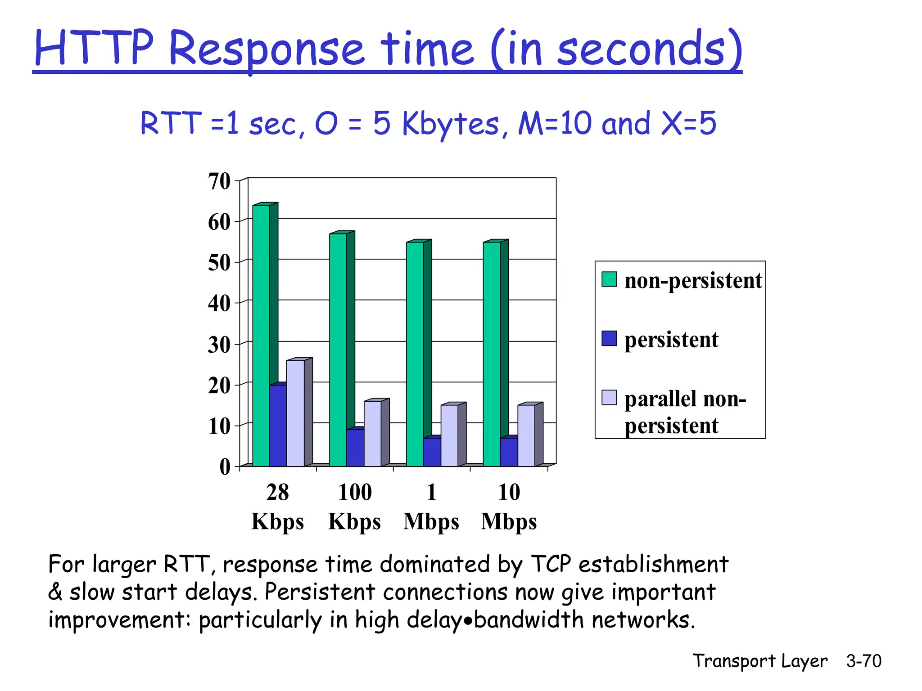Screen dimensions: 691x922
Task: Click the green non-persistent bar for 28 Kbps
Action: (261, 335)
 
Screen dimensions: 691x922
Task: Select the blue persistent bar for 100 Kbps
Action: (355, 448)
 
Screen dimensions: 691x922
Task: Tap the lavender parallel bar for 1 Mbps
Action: (449, 435)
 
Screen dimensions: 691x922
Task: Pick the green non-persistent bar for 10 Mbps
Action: (492, 354)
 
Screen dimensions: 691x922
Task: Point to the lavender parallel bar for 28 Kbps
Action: (295, 413)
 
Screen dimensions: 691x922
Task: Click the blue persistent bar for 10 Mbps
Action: (509, 452)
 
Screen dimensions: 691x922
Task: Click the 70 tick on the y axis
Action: (219, 182)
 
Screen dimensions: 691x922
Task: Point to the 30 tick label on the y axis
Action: (219, 345)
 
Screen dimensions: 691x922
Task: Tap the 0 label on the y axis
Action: (225, 467)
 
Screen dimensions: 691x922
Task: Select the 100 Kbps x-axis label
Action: (355, 507)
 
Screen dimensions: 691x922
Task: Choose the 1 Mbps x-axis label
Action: (431, 507)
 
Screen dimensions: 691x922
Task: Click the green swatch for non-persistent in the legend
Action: (609, 279)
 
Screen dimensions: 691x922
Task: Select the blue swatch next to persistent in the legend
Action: (609, 338)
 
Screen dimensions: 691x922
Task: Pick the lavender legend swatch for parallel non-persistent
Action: (609, 398)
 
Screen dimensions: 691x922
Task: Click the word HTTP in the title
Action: (94, 49)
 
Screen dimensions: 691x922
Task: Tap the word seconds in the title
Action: (641, 49)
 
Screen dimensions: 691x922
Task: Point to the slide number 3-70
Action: (863, 661)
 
